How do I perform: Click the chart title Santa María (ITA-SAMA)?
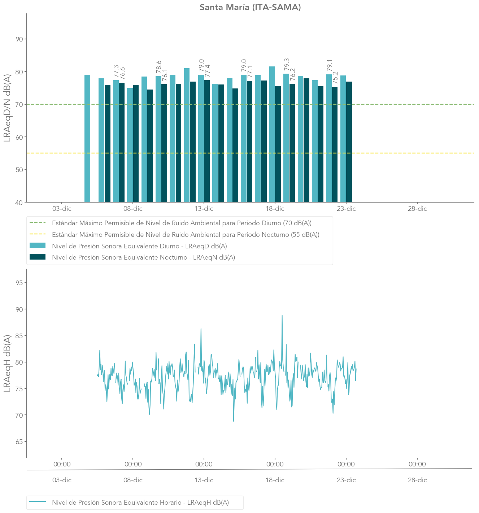point(250,7)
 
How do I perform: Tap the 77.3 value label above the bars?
point(116,71)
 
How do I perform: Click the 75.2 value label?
point(335,78)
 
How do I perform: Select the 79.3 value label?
point(287,64)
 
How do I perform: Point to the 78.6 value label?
point(159,67)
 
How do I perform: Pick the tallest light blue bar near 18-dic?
point(272,134)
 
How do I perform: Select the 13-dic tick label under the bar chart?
point(204,209)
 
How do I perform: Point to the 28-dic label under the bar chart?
point(417,209)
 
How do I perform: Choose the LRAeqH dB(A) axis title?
point(7,363)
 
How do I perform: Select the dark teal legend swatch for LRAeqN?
point(38,257)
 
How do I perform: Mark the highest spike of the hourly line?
point(282,316)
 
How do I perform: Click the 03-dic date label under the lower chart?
point(62,480)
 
